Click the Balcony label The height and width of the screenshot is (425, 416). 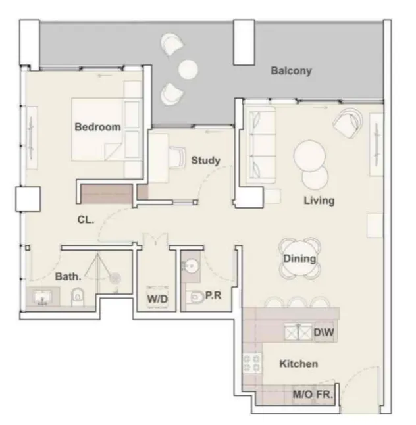point(291,71)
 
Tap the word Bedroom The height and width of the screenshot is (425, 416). point(97,127)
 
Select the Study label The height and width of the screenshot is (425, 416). point(205,160)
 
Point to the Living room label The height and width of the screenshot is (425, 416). point(319,200)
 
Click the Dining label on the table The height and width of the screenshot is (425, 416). point(299,259)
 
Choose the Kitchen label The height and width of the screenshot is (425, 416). point(298,364)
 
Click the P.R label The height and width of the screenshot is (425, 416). point(213,296)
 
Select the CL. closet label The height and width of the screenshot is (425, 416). point(86,220)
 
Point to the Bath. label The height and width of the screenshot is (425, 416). point(68,277)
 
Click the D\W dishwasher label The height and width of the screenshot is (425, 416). point(324,333)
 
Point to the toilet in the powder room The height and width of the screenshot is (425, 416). point(197,299)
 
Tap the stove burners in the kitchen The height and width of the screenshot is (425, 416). point(251,363)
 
